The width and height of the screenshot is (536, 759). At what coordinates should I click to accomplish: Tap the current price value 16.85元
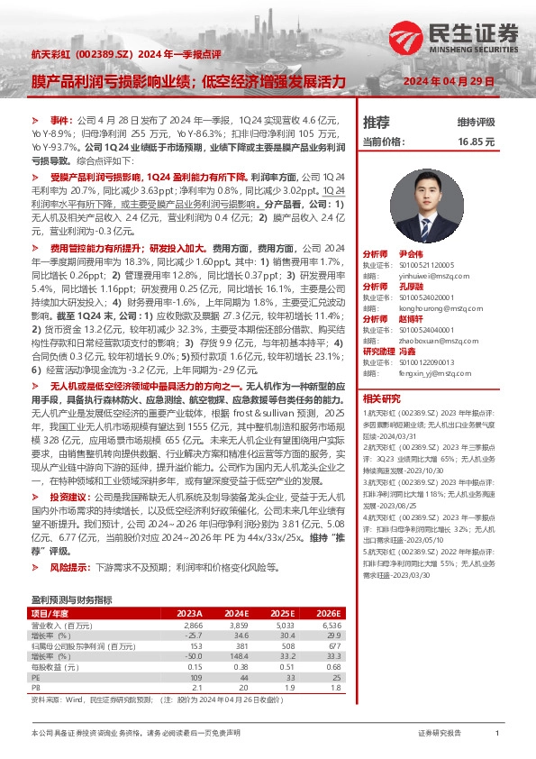[477, 142]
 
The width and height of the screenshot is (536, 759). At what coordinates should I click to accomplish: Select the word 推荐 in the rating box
[376, 122]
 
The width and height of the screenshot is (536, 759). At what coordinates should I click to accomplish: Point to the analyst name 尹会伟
[411, 255]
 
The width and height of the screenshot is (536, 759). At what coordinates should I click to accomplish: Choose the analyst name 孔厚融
[411, 286]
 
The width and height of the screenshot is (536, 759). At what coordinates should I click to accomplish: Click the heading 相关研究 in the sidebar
[381, 398]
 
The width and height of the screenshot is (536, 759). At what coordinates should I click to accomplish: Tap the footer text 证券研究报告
[440, 734]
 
